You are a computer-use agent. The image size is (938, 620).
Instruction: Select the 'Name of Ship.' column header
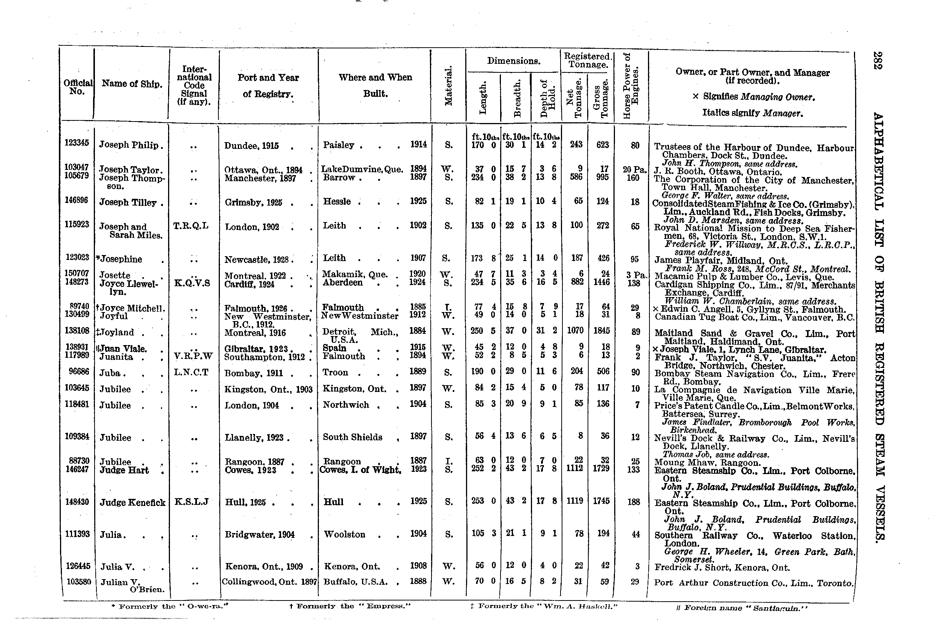[132, 84]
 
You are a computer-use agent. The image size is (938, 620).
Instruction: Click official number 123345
[77, 143]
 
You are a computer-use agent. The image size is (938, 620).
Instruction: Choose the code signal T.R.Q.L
[191, 226]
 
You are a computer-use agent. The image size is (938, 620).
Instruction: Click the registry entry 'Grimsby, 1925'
[253, 203]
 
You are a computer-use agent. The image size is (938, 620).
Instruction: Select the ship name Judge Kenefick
[132, 503]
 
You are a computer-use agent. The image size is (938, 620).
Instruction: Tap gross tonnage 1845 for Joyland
[601, 330]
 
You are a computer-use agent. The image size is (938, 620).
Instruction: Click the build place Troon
[335, 372]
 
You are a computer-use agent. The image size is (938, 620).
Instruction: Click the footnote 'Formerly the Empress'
[350, 606]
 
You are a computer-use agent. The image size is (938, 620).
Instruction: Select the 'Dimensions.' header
[513, 61]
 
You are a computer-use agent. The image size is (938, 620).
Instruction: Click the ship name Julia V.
[117, 567]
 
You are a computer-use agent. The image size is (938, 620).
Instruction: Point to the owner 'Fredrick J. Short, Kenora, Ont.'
[722, 568]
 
